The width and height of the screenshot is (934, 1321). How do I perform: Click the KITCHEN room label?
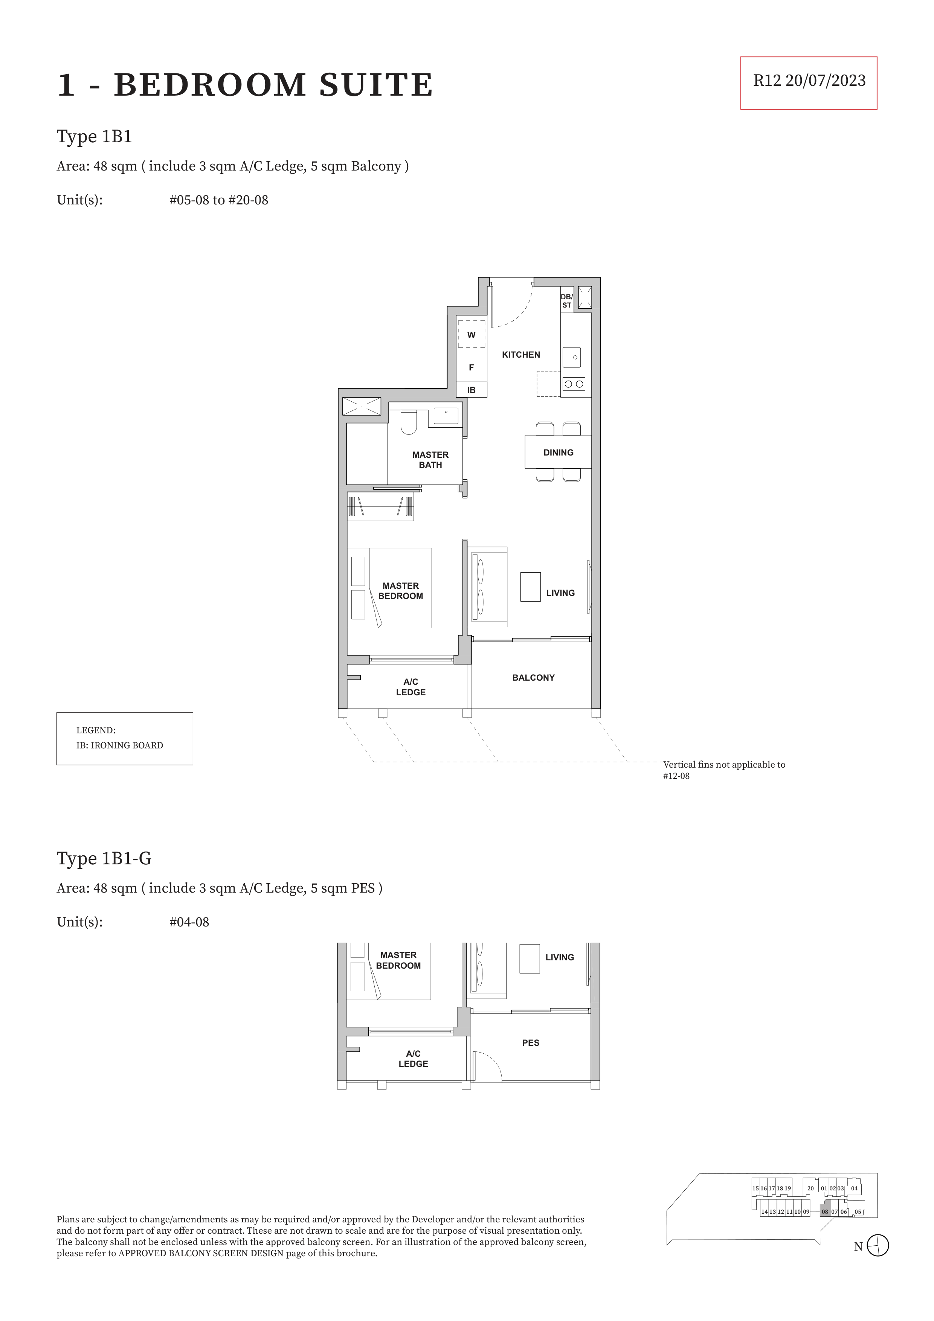(521, 355)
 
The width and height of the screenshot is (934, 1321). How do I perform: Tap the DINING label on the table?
(558, 453)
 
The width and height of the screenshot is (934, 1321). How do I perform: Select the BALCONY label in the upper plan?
(533, 678)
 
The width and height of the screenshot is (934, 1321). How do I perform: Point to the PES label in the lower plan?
(531, 1042)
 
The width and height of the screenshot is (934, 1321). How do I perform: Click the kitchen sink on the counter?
(571, 357)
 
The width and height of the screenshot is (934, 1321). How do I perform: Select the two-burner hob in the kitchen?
(574, 384)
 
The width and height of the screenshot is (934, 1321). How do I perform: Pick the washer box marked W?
(471, 334)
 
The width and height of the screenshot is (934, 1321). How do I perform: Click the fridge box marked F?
(471, 368)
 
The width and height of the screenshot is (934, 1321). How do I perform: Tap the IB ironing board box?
(471, 390)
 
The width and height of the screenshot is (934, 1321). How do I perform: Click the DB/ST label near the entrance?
(567, 301)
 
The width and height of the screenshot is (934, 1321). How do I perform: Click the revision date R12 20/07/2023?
(809, 81)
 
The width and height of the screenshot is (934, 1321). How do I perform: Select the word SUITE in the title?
(376, 85)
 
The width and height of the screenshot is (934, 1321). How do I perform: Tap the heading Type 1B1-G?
(104, 858)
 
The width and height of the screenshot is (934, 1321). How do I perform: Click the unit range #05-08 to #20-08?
(219, 200)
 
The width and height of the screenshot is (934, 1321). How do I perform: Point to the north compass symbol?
(878, 1246)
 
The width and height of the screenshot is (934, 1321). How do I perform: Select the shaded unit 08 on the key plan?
(825, 1211)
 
